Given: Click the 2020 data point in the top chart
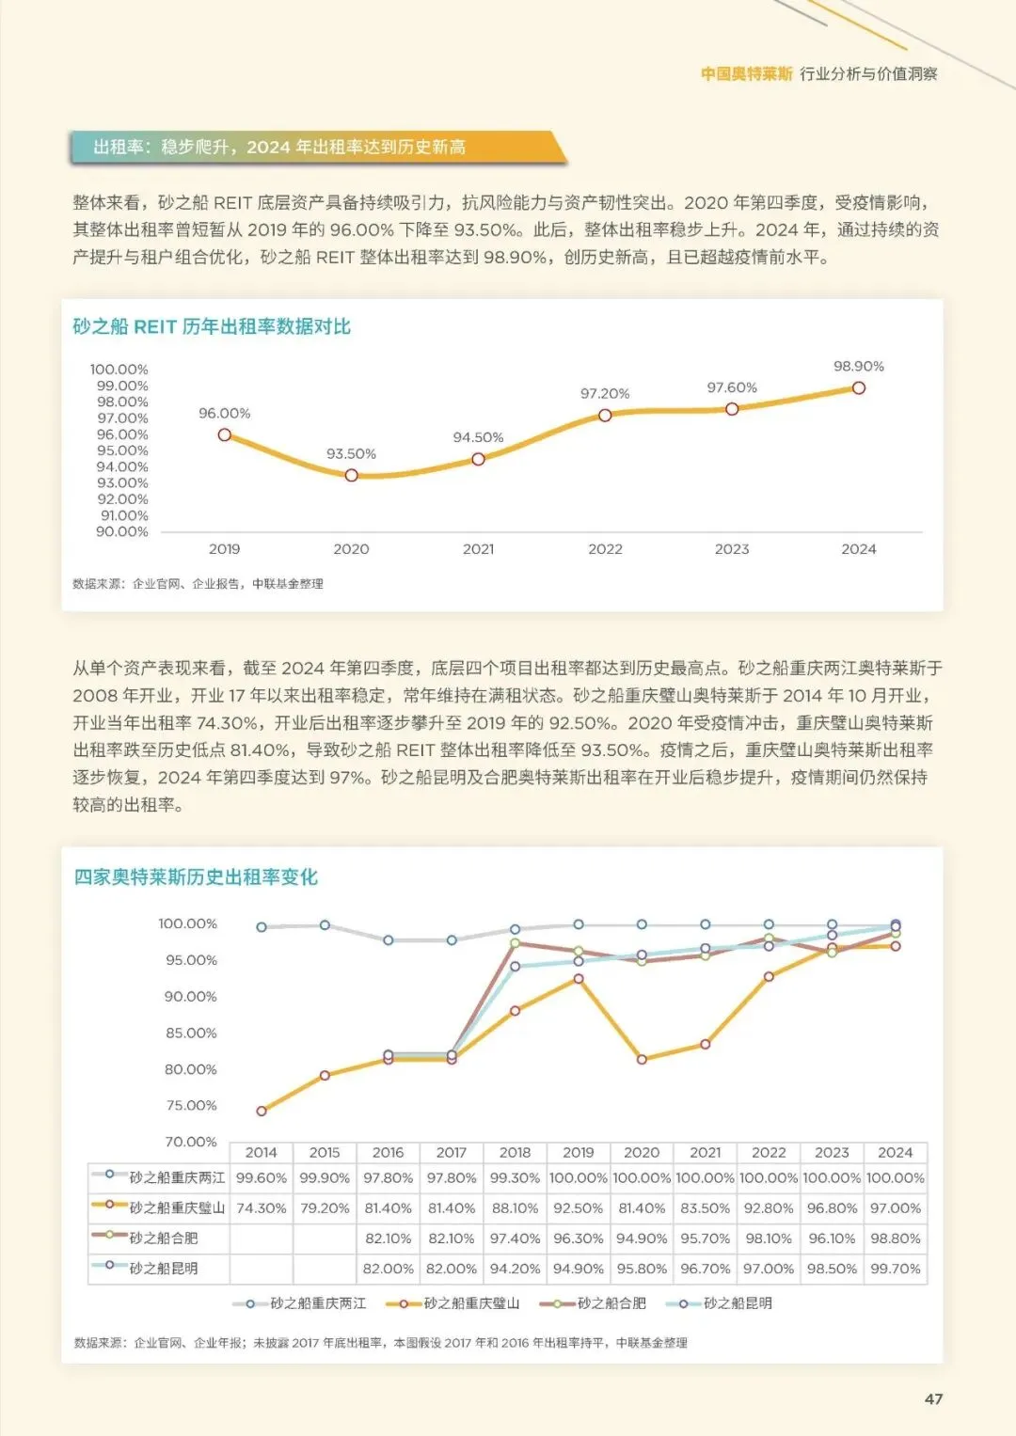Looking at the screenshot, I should click(x=351, y=476).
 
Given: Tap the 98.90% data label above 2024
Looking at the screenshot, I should click(x=858, y=367).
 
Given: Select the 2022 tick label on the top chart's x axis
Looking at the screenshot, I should click(x=605, y=549).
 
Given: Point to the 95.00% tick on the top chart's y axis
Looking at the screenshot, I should click(x=122, y=451).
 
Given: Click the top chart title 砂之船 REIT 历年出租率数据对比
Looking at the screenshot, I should click(x=212, y=327).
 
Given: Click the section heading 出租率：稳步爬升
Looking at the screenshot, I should click(x=279, y=148).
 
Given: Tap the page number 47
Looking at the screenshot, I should click(x=933, y=1399).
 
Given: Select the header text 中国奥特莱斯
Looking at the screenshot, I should click(x=747, y=74).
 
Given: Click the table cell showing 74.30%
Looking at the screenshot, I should click(x=261, y=1208).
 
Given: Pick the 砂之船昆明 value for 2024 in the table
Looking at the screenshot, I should click(x=895, y=1269).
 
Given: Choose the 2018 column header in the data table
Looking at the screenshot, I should click(x=515, y=1153).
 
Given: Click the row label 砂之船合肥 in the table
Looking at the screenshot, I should click(x=164, y=1239).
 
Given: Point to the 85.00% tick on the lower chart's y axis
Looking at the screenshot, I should click(x=191, y=1034).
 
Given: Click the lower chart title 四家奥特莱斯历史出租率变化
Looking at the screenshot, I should click(x=196, y=877).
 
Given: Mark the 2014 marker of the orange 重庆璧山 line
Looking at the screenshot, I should click(x=262, y=1112).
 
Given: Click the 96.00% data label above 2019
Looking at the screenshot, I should click(x=224, y=414).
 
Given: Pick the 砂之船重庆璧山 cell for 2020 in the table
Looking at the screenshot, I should click(x=642, y=1208).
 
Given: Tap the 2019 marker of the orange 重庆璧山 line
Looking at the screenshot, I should click(x=579, y=979).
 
